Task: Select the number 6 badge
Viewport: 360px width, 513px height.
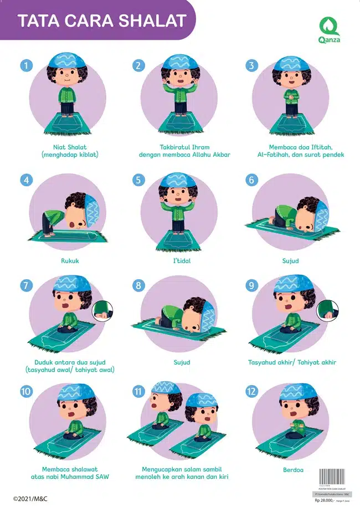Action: pyautogui.click(x=252, y=180)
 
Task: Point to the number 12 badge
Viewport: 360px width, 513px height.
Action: pyautogui.click(x=252, y=391)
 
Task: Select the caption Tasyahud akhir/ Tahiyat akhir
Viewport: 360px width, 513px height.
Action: pyautogui.click(x=292, y=362)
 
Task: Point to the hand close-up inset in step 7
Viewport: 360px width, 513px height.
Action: pyautogui.click(x=102, y=311)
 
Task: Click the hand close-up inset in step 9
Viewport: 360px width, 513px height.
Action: pyautogui.click(x=326, y=311)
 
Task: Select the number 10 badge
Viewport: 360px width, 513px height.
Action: pyautogui.click(x=25, y=391)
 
